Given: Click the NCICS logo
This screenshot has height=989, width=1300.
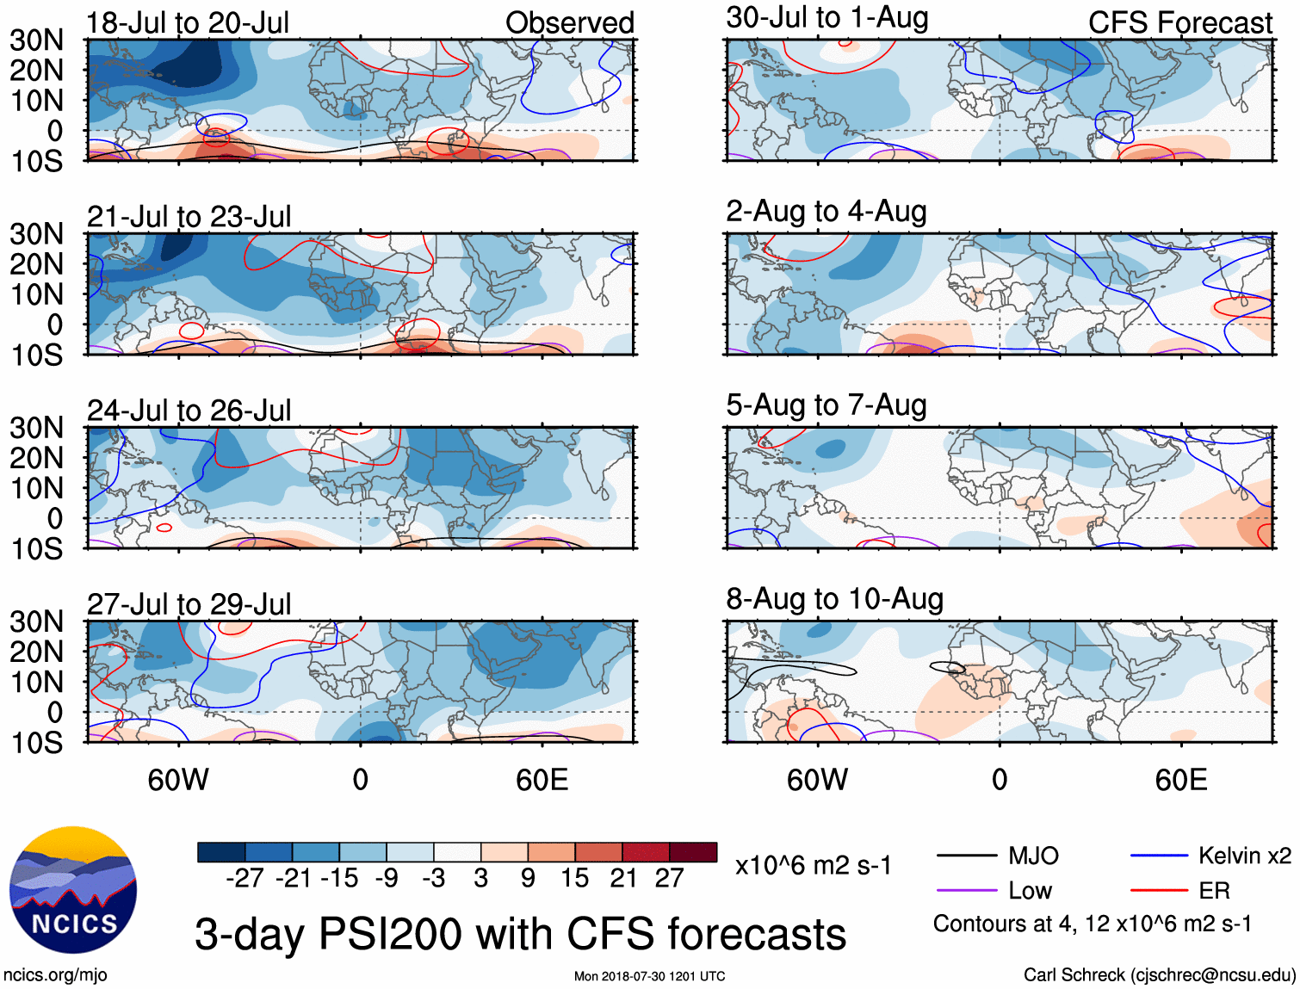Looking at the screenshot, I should click(73, 890).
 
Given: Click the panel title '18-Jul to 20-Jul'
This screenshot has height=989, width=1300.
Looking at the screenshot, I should click(188, 23).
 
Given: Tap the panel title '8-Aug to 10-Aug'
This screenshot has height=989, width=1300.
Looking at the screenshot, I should click(834, 599).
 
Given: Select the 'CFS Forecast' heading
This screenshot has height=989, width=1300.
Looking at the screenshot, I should click(1179, 23).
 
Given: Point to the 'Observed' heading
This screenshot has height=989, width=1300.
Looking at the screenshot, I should click(569, 23).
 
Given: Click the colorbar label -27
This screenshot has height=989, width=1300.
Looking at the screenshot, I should click(244, 878).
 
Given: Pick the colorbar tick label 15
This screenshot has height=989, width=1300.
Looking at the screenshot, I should click(574, 878).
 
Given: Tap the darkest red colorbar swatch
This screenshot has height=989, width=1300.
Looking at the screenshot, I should click(693, 852).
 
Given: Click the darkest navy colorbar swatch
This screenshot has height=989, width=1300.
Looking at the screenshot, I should click(221, 852).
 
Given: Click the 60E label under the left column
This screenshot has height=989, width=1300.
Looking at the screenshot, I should click(542, 780).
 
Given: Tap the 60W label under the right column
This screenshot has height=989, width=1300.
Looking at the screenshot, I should click(817, 780).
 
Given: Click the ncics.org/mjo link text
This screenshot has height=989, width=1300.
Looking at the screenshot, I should click(55, 975).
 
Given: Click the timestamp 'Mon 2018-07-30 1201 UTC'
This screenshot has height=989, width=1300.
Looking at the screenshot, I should click(649, 976).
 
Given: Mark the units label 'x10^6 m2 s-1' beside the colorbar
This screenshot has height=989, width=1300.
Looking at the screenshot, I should click(813, 865).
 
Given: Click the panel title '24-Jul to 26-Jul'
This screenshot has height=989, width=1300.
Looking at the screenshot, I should click(189, 411).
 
